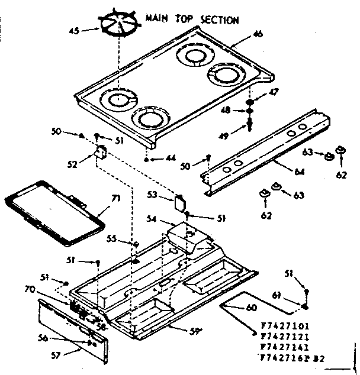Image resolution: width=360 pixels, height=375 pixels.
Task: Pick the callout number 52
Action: [x=72, y=165]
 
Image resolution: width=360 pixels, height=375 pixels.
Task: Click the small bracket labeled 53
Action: [x=180, y=202]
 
